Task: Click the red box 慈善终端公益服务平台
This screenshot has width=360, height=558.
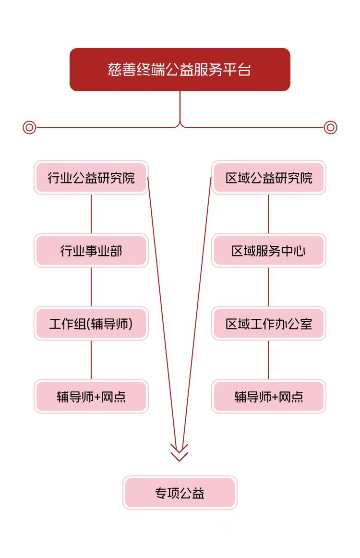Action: pyautogui.click(x=180, y=70)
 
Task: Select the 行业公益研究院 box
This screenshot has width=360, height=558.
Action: pyautogui.click(x=91, y=178)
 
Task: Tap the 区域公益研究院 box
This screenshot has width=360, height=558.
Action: pyautogui.click(x=269, y=178)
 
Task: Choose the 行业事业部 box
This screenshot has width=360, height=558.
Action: pyautogui.click(x=91, y=251)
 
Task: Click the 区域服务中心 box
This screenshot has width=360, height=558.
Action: pyautogui.click(x=269, y=251)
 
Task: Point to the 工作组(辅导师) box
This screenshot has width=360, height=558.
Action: pyautogui.click(x=91, y=324)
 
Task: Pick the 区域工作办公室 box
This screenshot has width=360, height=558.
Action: pyautogui.click(x=269, y=324)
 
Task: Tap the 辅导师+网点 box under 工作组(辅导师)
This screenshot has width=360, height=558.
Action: pyautogui.click(x=91, y=397)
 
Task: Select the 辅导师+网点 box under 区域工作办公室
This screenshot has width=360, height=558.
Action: pyautogui.click(x=269, y=397)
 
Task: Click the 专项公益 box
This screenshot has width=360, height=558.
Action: pyautogui.click(x=180, y=493)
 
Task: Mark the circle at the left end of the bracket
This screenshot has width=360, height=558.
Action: pyautogui.click(x=29, y=127)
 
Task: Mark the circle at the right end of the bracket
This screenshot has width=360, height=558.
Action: pyautogui.click(x=330, y=127)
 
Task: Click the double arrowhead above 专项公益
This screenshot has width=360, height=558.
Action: pyautogui.click(x=180, y=452)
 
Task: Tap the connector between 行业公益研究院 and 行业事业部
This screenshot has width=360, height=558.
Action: pyautogui.click(x=91, y=214)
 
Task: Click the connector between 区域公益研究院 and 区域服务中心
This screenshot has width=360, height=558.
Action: pyautogui.click(x=268, y=214)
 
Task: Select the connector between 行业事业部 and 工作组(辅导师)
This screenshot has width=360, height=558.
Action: pyautogui.click(x=91, y=287)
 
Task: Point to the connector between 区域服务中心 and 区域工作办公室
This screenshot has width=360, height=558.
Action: pyautogui.click(x=268, y=287)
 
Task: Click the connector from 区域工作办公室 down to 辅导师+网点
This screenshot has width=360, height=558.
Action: pyautogui.click(x=268, y=360)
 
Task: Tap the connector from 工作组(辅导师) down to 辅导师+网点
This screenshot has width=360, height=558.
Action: pyautogui.click(x=91, y=360)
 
